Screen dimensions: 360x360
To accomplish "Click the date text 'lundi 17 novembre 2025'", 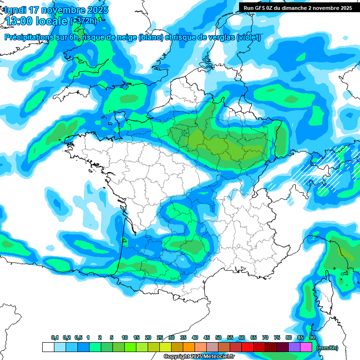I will (56, 10).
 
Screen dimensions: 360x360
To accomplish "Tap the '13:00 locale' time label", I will (35, 21).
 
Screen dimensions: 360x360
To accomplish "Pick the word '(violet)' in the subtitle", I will (249, 37).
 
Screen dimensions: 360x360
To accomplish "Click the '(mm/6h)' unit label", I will (327, 348).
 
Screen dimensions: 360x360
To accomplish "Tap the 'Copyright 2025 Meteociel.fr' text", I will (199, 357).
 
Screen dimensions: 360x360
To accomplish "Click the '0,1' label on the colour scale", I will (55, 338).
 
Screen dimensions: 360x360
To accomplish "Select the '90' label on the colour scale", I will (312, 338).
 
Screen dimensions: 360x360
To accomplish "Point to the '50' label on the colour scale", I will (218, 338).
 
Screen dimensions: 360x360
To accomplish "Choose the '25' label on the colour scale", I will (160, 338).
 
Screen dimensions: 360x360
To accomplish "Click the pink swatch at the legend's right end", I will (306, 347).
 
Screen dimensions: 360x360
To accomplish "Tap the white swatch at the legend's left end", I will (48, 347).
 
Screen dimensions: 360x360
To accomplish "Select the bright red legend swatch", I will (247, 347).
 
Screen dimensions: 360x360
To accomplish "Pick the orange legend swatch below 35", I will (189, 347).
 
